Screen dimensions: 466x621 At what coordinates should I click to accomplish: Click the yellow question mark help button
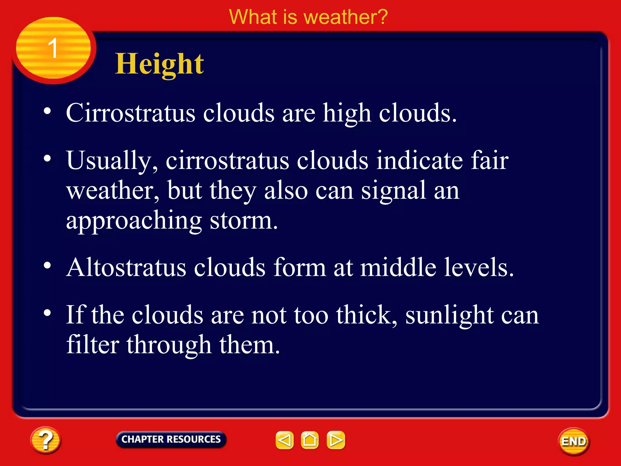[45, 440]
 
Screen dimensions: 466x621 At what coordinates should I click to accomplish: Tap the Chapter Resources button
[171, 439]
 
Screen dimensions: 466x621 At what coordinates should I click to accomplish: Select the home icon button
[310, 440]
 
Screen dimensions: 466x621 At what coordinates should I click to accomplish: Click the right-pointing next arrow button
[336, 440]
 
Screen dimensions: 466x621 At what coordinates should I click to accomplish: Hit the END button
[573, 441]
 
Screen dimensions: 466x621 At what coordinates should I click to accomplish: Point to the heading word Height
[159, 64]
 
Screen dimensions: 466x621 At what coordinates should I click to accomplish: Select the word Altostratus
[126, 268]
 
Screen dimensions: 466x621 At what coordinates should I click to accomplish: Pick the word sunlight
[449, 316]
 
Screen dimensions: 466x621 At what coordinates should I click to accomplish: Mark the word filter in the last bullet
[93, 345]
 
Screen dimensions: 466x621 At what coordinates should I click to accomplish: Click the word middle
[398, 268]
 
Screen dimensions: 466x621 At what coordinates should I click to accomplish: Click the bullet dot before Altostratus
[47, 265]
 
